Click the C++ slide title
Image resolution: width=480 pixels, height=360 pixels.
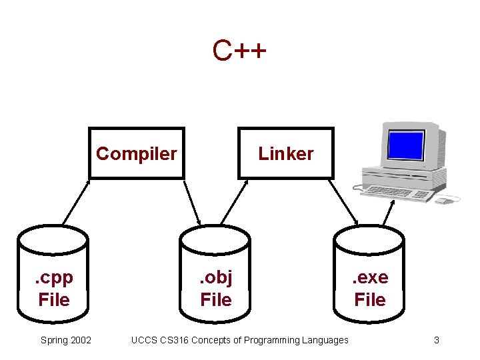click(x=239, y=51)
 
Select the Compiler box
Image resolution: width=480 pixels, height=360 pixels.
click(x=137, y=153)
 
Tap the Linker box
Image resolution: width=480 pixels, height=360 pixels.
click(x=286, y=153)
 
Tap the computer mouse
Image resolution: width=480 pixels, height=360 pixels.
click(x=444, y=200)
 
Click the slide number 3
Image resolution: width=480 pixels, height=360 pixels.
click(x=436, y=340)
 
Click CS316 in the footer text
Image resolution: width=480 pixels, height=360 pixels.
click(x=176, y=340)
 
